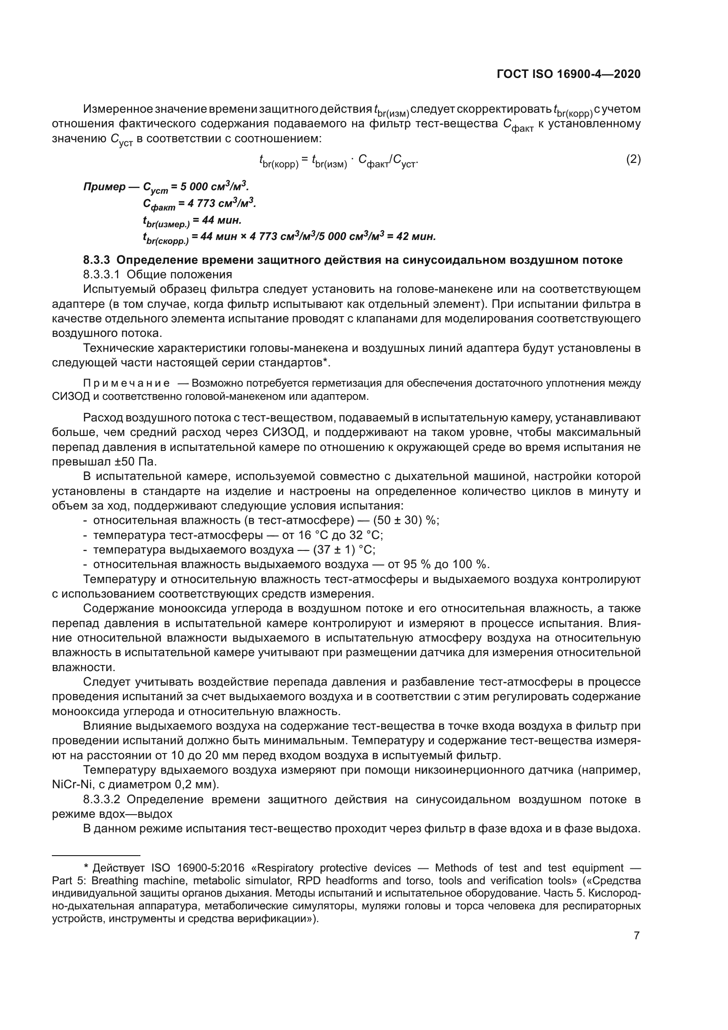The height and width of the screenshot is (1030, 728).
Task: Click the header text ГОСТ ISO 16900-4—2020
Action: [x=568, y=74]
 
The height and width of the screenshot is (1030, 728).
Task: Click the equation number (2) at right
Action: [x=633, y=159]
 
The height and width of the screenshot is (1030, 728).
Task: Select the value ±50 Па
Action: [x=136, y=461]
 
